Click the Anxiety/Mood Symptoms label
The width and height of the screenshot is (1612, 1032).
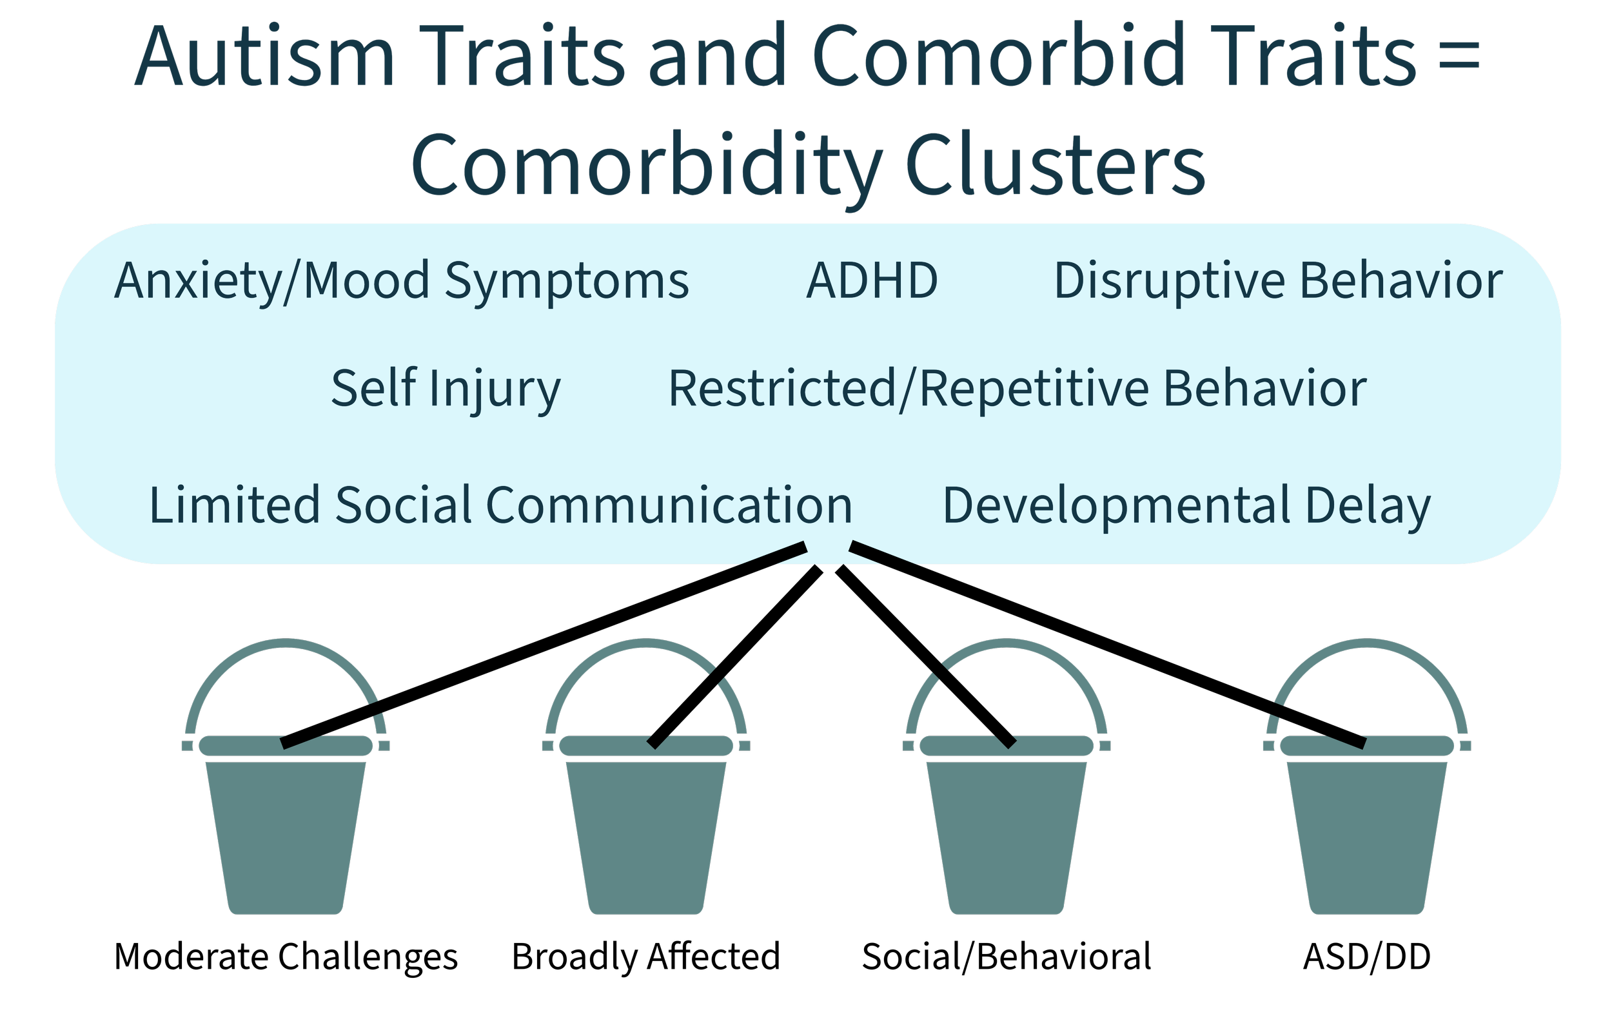pyautogui.click(x=402, y=282)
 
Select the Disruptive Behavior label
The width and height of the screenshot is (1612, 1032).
pyautogui.click(x=1277, y=282)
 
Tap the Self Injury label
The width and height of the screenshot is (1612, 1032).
pyautogui.click(x=446, y=389)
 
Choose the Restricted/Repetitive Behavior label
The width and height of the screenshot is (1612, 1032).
pyautogui.click(x=1017, y=389)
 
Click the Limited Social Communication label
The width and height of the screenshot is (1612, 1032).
pyautogui.click(x=500, y=505)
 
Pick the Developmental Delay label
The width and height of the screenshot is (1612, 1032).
pyautogui.click(x=1186, y=507)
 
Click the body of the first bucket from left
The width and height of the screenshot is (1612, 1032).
pyautogui.click(x=286, y=838)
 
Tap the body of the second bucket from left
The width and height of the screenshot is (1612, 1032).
pyautogui.click(x=646, y=838)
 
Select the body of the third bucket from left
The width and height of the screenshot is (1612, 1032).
pyautogui.click(x=1006, y=838)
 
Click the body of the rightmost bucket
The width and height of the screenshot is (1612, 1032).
pyautogui.click(x=1367, y=838)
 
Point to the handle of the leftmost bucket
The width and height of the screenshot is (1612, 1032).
pyautogui.click(x=286, y=644)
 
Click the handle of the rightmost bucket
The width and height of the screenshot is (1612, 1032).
pyautogui.click(x=1367, y=644)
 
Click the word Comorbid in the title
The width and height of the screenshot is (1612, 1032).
pyautogui.click(x=999, y=57)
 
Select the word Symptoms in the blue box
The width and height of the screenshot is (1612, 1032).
pyautogui.click(x=567, y=282)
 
